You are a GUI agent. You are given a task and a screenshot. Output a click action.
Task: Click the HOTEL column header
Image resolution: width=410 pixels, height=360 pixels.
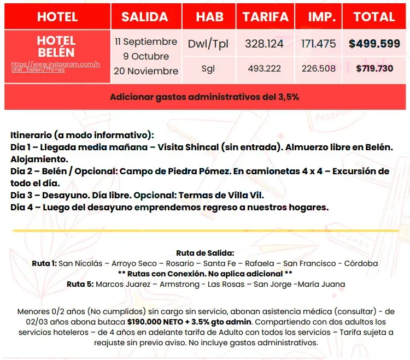pyautogui.click(x=57, y=17)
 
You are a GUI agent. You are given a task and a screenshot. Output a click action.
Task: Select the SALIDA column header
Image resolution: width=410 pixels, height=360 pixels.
pyautogui.click(x=145, y=17)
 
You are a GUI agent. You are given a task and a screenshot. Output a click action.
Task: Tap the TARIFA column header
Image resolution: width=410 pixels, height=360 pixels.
pyautogui.click(x=266, y=17)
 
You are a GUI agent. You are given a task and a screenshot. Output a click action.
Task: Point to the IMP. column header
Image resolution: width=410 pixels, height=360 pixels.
pyautogui.click(x=321, y=17)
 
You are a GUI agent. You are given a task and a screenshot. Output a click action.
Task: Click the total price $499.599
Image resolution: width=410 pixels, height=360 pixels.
pyautogui.click(x=374, y=44)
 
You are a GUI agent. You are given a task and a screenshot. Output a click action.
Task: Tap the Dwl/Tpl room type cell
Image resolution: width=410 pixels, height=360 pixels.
pyautogui.click(x=210, y=44)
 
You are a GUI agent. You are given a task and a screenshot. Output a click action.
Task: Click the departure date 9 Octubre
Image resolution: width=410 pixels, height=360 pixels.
pyautogui.click(x=146, y=56)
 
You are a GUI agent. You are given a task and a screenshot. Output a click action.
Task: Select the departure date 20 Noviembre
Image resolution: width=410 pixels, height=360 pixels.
pyautogui.click(x=146, y=71)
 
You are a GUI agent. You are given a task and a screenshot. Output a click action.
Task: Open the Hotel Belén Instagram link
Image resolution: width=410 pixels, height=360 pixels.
pyautogui.click(x=55, y=67)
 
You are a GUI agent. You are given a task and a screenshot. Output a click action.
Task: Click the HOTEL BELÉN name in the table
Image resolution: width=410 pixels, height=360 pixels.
pyautogui.click(x=56, y=46)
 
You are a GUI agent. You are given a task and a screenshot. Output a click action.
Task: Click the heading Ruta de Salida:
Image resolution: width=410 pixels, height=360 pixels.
pyautogui.click(x=205, y=253)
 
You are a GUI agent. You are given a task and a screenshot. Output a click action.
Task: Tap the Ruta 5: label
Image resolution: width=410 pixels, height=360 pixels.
pyautogui.click(x=80, y=284)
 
